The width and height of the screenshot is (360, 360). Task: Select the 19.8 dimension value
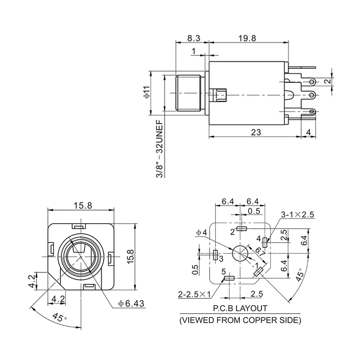tap(247, 38)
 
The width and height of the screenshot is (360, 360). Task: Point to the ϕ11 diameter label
tap(147, 94)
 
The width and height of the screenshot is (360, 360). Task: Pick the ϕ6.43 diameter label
tap(131, 303)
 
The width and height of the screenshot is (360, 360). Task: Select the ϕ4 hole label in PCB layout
tap(201, 233)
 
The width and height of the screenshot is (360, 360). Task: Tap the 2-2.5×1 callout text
tap(194, 294)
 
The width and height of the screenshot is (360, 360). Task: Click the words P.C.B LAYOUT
tap(240, 309)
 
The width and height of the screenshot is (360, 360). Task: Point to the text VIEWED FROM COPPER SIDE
tap(240, 320)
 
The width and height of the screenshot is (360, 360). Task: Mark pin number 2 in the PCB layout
tap(233, 232)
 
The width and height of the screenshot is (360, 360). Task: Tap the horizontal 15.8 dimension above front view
tap(82, 205)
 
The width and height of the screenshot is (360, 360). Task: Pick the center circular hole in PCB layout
tap(241, 254)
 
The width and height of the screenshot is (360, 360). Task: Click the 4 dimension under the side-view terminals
tap(308, 132)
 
